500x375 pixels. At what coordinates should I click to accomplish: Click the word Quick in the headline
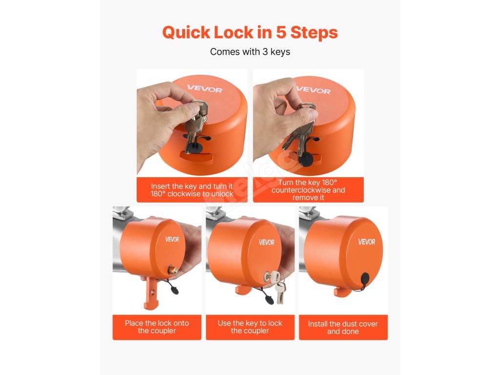pyautogui.click(x=186, y=33)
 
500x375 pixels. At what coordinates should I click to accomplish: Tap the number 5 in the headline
pyautogui.click(x=281, y=33)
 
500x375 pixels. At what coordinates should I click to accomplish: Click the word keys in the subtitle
pyautogui.click(x=280, y=52)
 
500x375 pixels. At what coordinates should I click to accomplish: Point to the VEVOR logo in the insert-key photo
pyautogui.click(x=205, y=89)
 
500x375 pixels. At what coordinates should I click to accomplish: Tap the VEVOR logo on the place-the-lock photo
pyautogui.click(x=172, y=239)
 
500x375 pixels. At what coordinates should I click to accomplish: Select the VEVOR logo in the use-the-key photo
pyautogui.click(x=267, y=242)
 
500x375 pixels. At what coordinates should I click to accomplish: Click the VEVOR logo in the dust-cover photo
pyautogui.click(x=367, y=242)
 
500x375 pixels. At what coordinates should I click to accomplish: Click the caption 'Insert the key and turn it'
pyautogui.click(x=192, y=186)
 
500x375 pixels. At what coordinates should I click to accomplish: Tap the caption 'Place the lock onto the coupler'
pyautogui.click(x=157, y=327)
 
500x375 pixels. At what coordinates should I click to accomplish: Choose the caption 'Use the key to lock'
pyautogui.click(x=250, y=323)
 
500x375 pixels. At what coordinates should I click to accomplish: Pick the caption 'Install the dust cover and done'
pyautogui.click(x=343, y=328)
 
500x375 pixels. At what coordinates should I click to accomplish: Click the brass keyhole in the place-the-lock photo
pyautogui.click(x=173, y=270)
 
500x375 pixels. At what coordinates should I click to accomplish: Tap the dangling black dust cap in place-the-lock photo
pyautogui.click(x=175, y=290)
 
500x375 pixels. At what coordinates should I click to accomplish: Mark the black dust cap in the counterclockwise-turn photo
pyautogui.click(x=307, y=159)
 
